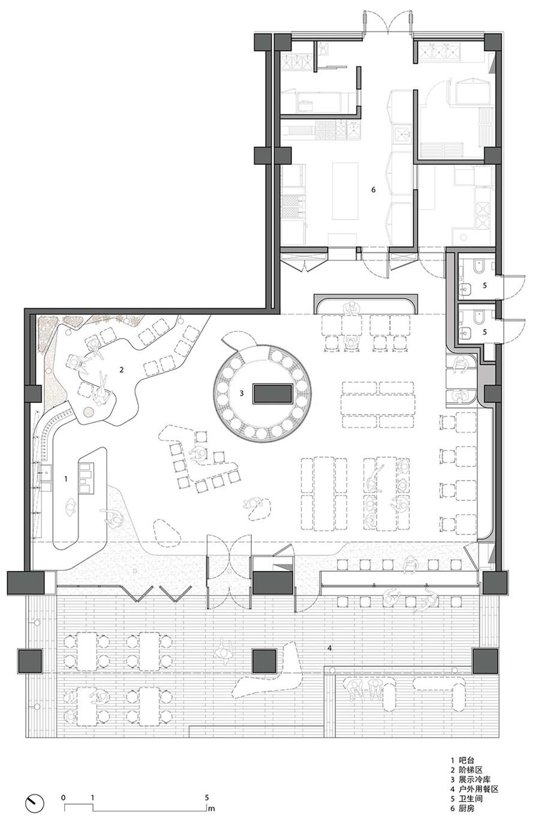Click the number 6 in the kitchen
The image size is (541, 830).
tap(373, 189)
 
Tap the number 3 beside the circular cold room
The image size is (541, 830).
tap(242, 393)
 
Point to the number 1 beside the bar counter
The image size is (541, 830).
tap(66, 479)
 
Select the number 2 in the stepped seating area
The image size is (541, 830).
tap(121, 369)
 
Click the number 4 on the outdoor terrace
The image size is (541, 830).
tap(329, 649)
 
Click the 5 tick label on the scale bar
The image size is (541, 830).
tap(207, 798)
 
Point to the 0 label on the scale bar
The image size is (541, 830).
tap(64, 798)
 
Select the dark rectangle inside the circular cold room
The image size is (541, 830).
tap(273, 394)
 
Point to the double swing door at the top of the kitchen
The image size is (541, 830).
tap(387, 24)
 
